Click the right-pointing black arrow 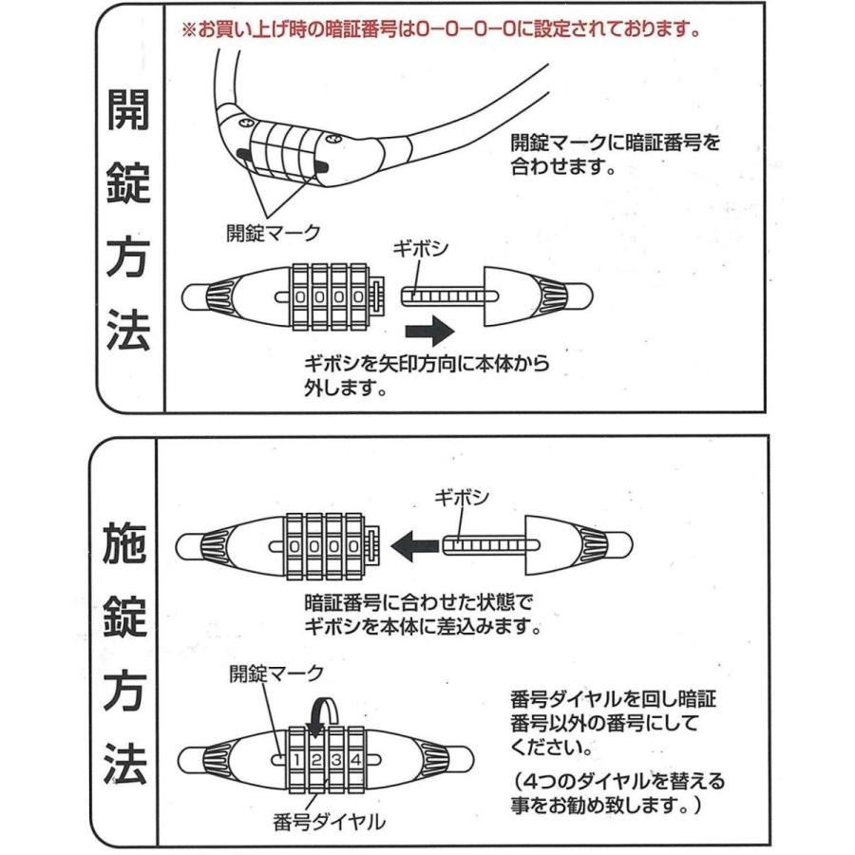tap(429, 331)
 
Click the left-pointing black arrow tap(415, 546)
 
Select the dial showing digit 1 tap(297, 760)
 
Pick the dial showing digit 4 tap(356, 760)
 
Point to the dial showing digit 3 tap(336, 760)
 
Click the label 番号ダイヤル tap(330, 821)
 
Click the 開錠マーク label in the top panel tap(274, 233)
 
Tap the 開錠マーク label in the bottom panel tap(276, 674)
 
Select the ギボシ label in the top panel tap(421, 249)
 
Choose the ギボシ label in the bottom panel tap(462, 497)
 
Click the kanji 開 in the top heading tap(128, 109)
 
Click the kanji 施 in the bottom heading tap(124, 543)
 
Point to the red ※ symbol tap(189, 29)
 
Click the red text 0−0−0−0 tap(465, 29)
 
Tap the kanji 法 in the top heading tap(128, 331)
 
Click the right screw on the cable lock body tap(333, 141)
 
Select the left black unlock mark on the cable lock tap(244, 155)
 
